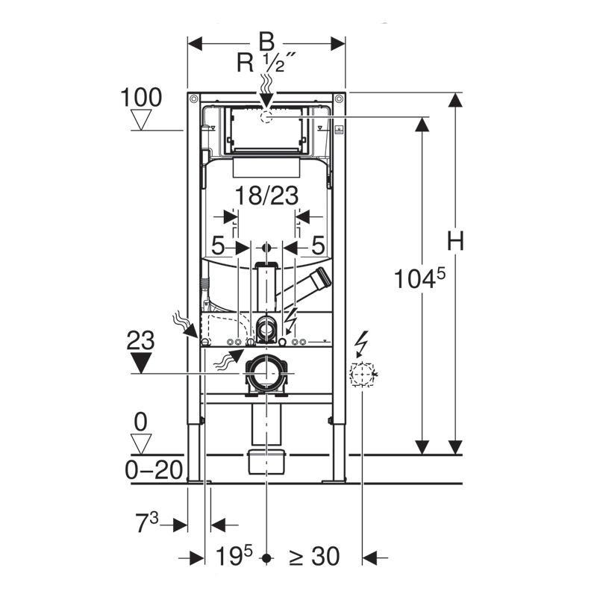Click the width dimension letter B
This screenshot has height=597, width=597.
point(266,42)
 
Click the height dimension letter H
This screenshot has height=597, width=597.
point(455,240)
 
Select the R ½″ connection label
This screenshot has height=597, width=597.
point(266,62)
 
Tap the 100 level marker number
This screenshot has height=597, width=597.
point(141,98)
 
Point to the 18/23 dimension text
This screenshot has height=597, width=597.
point(266,196)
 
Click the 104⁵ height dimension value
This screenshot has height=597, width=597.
point(419,278)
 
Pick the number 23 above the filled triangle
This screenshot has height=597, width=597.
point(140,340)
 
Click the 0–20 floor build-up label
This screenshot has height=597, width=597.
point(154,470)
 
